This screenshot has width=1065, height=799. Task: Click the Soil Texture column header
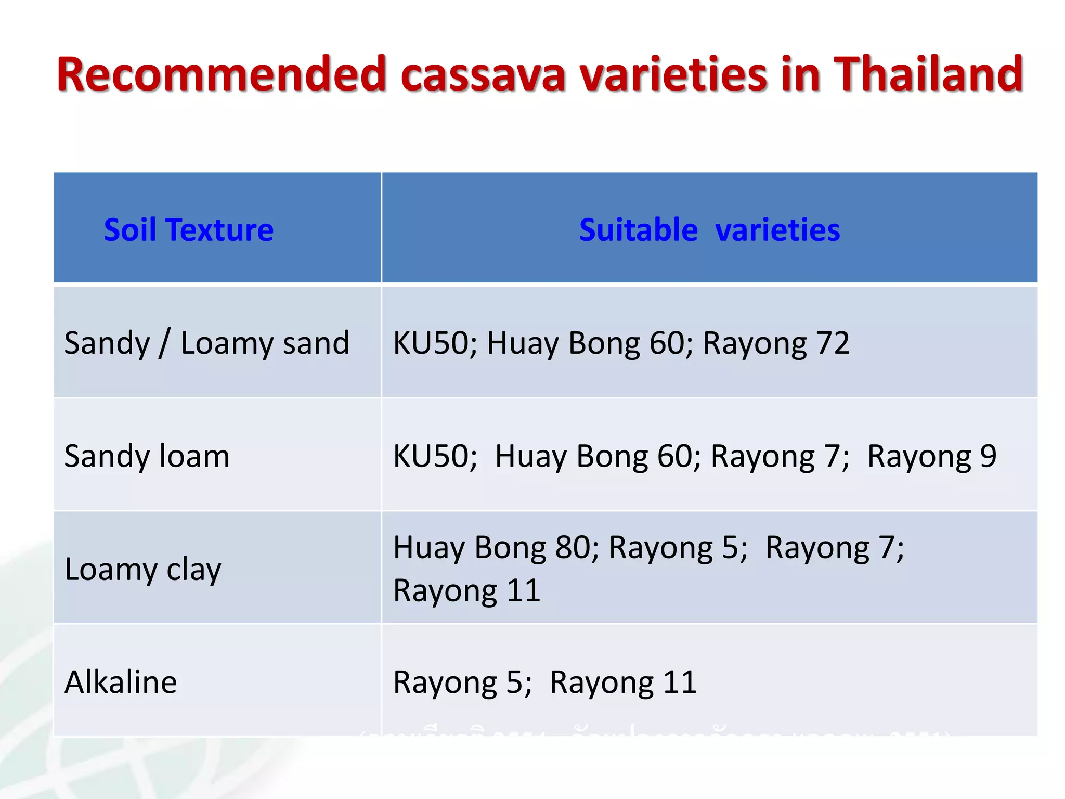pos(188,230)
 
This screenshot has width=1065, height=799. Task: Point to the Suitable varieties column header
pos(709,230)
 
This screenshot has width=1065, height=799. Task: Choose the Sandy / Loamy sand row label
pos(206,343)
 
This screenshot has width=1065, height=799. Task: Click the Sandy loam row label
pos(147,456)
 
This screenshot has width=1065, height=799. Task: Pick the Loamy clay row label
pos(143,569)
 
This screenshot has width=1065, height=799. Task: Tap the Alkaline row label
pos(121,682)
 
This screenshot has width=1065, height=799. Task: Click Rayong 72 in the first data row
pos(776,343)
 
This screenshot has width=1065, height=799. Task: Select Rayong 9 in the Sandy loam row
pos(931,456)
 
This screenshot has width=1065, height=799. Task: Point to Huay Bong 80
pos(491,547)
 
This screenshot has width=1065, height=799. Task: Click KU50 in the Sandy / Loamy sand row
pos(431,343)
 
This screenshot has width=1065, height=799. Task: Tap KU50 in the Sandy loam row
pos(431,456)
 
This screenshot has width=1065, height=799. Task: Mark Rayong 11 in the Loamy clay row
pos(466,591)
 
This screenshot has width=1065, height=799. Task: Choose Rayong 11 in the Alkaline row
pos(623,682)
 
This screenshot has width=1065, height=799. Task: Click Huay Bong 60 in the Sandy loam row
pos(593,456)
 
